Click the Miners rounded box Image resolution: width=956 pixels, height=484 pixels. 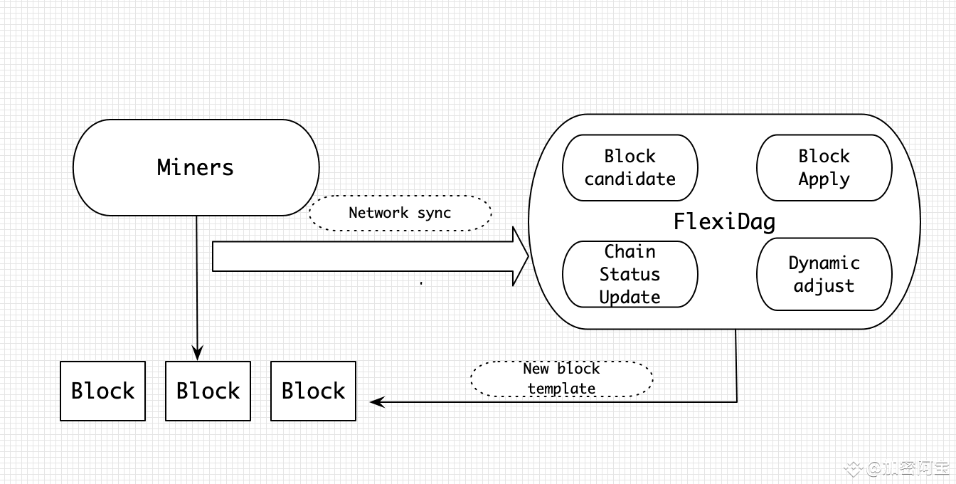tap(196, 167)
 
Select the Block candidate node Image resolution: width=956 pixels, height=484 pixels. tap(630, 167)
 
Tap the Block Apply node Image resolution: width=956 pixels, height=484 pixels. tap(824, 167)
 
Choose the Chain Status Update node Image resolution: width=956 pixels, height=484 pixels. tap(630, 274)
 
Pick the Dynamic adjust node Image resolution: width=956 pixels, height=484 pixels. tap(824, 274)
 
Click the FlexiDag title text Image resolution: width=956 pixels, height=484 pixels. tap(724, 221)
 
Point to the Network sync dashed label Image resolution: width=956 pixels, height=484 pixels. tap(400, 213)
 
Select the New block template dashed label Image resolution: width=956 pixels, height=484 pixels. tap(562, 379)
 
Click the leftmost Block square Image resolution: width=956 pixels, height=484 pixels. tap(103, 391)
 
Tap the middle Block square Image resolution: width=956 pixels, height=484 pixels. tap(208, 391)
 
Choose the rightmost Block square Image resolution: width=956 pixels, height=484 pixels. tap(313, 391)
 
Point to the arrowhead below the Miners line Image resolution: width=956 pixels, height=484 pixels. tap(197, 353)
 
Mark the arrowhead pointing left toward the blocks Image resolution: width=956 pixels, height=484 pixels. tap(378, 401)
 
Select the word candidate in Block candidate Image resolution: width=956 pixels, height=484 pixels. tap(630, 179)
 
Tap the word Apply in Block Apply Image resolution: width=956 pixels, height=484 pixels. tap(824, 179)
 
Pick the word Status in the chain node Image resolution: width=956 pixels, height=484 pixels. tap(630, 274)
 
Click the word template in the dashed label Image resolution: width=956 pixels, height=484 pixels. tap(562, 389)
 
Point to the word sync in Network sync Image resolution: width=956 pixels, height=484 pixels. tap(434, 213)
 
